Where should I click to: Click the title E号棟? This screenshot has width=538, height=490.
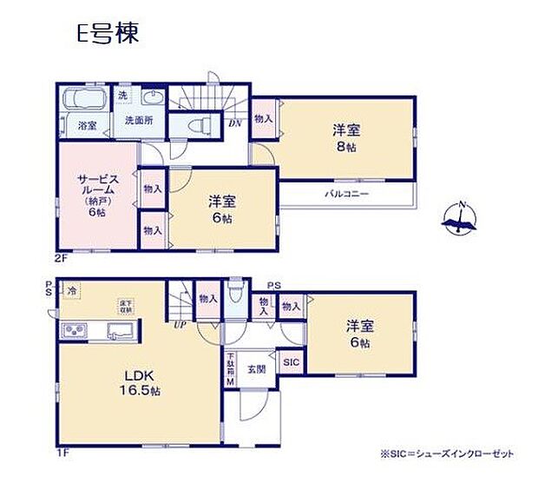point(107,35)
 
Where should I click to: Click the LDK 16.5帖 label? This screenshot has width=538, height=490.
point(139,382)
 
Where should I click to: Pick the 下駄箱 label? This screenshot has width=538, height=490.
point(231,369)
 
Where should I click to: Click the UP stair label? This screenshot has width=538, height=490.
point(180,324)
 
